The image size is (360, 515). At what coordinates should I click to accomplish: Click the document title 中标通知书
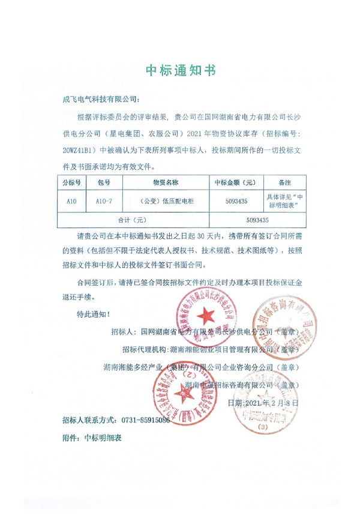pos(180,71)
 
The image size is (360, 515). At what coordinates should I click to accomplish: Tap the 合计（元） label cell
pos(133,220)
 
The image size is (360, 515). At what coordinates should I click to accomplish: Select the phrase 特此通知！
pos(94,314)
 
